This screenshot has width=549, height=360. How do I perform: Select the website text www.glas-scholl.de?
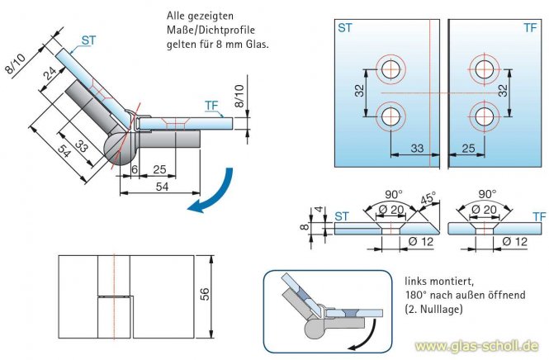tap(478, 345)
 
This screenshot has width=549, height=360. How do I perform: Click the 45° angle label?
tap(428, 198)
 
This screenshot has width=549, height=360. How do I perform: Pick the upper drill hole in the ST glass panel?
tap(390, 68)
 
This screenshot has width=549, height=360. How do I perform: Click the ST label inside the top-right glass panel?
tap(346, 28)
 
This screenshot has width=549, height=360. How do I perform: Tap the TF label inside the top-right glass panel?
tap(530, 28)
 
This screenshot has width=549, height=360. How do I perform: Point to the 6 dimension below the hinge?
tap(135, 169)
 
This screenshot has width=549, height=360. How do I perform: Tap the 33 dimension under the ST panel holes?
tap(416, 149)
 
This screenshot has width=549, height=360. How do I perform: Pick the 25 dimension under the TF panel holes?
tap(468, 149)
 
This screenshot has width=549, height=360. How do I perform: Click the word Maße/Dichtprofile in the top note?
tap(201, 33)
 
